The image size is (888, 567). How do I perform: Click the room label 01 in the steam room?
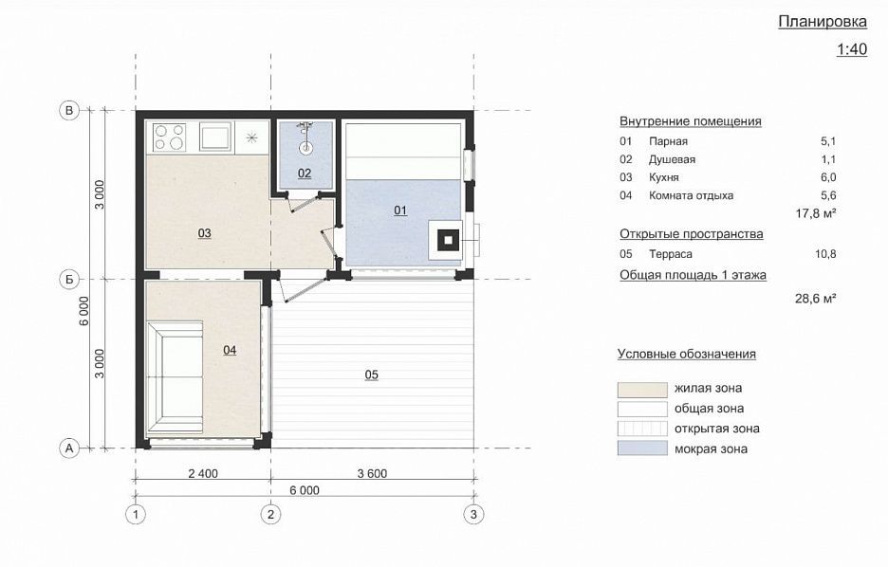(400, 210)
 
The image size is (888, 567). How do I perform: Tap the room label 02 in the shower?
(305, 174)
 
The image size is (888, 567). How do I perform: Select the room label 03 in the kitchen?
(204, 233)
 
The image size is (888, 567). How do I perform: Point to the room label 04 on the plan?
(230, 350)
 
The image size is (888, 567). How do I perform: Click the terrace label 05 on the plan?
(372, 375)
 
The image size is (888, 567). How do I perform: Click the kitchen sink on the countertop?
(215, 137)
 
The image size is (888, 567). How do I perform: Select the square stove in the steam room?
(448, 240)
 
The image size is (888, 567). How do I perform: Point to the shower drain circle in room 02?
(305, 149)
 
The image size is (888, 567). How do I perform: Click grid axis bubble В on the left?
(69, 110)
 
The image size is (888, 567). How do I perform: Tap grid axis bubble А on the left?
(69, 448)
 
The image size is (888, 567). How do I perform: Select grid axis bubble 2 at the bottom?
(270, 514)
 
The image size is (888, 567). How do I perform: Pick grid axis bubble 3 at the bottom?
(473, 514)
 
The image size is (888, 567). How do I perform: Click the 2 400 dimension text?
(203, 474)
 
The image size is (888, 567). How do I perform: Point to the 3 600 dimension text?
(372, 474)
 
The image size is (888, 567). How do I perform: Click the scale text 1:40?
(852, 49)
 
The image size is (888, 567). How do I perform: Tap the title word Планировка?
(823, 22)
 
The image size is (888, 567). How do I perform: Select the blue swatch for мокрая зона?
(642, 448)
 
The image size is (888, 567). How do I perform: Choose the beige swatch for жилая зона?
(642, 390)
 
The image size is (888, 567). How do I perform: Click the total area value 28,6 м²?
(816, 299)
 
